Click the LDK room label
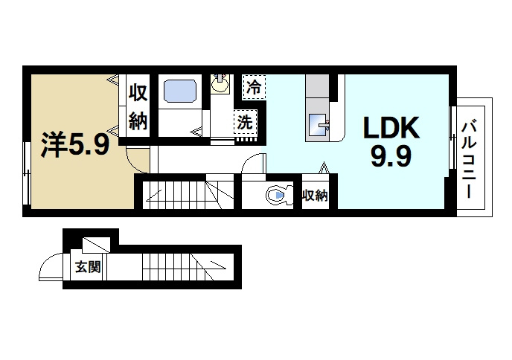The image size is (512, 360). pos(391,128)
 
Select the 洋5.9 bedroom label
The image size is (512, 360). pos(74,145)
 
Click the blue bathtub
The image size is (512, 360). pos(180,91)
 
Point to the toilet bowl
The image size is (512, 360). pos(277,195)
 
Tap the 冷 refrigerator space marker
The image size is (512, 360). pos(254,87)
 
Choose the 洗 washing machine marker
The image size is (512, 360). pos(245,122)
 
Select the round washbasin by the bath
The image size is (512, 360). pos(220,84)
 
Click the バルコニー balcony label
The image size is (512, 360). pos(469,159)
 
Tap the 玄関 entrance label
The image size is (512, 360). pos(88,267)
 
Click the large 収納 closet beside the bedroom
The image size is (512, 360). pos(138,106)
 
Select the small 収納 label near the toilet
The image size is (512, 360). pos(315,196)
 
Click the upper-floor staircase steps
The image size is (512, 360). pos(188,195)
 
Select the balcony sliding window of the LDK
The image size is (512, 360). pos(452,138)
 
